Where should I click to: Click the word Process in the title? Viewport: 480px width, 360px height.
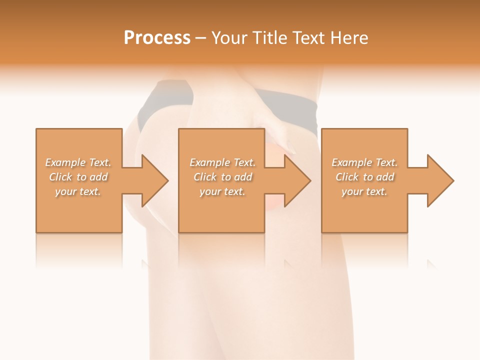click(157, 37)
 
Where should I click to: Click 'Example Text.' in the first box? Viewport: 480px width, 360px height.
click(78, 162)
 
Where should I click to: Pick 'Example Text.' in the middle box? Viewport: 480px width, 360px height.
click(222, 162)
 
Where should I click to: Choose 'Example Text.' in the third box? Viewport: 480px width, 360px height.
click(364, 162)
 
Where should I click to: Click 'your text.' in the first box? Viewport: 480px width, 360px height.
click(78, 191)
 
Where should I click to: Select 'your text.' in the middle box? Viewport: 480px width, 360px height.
click(222, 191)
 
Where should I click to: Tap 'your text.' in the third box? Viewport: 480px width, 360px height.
click(364, 191)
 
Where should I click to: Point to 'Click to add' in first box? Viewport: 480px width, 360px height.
click(78, 177)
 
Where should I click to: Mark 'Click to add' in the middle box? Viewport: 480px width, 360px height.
click(222, 177)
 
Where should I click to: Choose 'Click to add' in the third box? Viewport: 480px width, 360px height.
click(364, 177)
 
